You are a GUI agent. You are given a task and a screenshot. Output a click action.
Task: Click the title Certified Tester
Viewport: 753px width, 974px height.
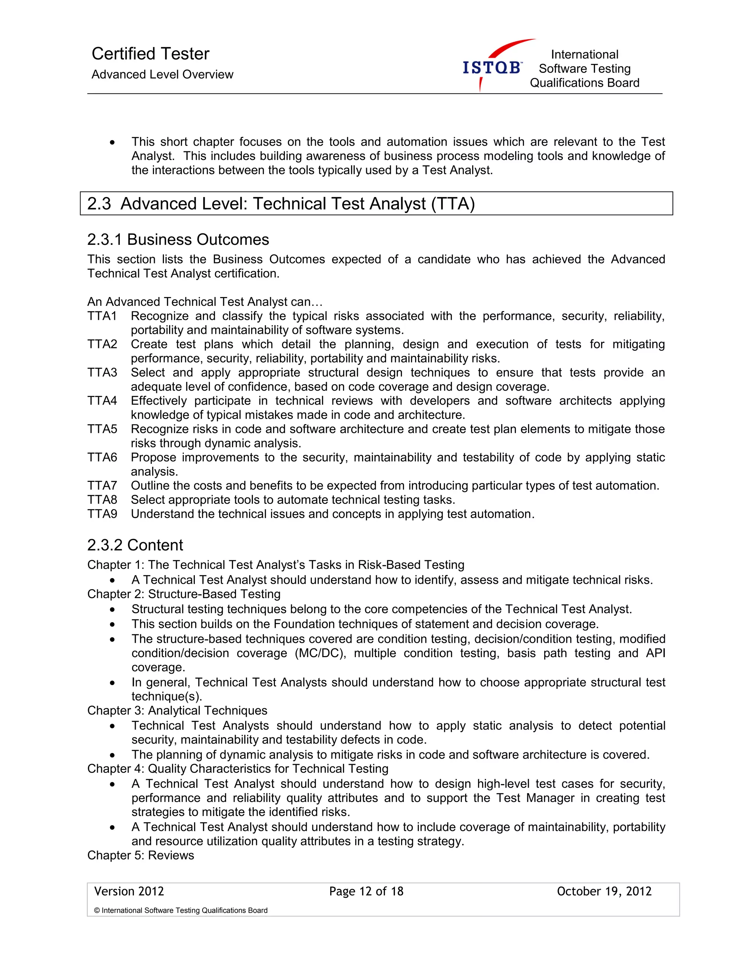pyautogui.click(x=150, y=54)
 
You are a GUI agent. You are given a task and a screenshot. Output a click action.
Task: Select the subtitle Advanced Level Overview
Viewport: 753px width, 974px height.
pyautogui.click(x=163, y=75)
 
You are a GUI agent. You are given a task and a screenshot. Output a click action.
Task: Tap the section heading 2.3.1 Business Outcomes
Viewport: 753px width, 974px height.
pyautogui.click(x=178, y=240)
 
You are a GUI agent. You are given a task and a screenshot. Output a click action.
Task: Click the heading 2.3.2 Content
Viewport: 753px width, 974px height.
pyautogui.click(x=135, y=545)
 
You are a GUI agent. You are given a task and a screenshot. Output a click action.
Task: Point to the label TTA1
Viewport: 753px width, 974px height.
pyautogui.click(x=102, y=316)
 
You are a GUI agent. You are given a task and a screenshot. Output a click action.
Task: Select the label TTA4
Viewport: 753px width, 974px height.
pyautogui.click(x=102, y=401)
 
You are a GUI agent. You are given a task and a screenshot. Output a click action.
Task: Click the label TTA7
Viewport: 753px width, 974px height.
pyautogui.click(x=102, y=485)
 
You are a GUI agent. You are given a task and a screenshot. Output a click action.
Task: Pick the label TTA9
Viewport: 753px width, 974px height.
pyautogui.click(x=102, y=514)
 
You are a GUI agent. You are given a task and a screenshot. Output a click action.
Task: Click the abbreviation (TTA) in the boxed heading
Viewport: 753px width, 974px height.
pyautogui.click(x=453, y=204)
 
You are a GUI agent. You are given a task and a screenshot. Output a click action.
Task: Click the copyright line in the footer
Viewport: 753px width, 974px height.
pyautogui.click(x=181, y=910)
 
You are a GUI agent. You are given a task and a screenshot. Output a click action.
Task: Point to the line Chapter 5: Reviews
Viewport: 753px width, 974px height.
pyautogui.click(x=140, y=855)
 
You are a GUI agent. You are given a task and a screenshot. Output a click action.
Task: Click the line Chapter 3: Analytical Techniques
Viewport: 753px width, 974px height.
pyautogui.click(x=177, y=710)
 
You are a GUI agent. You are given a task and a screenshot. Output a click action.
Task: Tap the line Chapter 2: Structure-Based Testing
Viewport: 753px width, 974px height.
pyautogui.click(x=184, y=594)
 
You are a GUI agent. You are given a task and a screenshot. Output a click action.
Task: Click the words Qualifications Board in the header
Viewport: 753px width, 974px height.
pyautogui.click(x=584, y=83)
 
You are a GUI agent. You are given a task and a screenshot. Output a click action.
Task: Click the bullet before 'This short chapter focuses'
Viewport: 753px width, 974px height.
pyautogui.click(x=113, y=142)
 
